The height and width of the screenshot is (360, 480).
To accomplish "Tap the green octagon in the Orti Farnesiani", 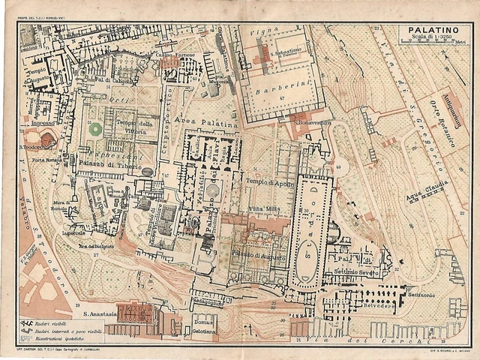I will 95,129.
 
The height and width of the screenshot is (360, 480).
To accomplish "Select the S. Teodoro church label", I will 33,147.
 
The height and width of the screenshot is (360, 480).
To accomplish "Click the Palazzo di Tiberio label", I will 101,161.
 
